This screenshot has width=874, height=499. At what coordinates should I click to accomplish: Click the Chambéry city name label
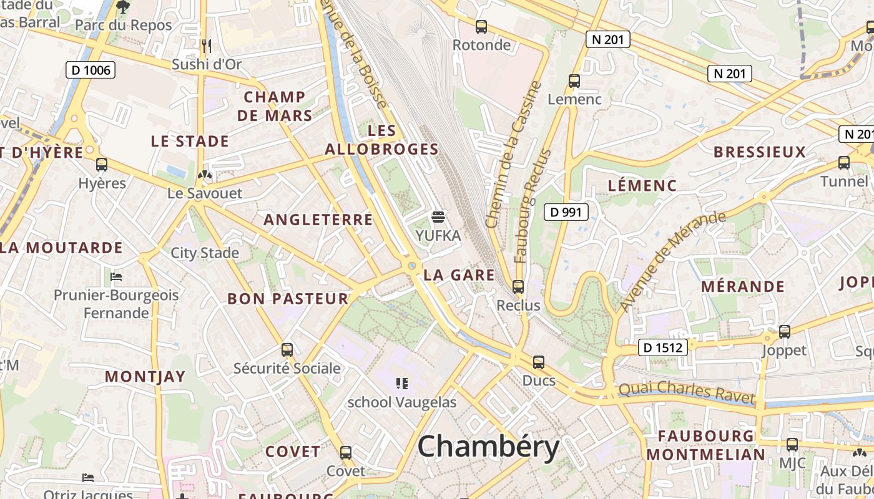(x=488, y=447)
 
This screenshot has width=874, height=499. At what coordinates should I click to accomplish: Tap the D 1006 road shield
(x=91, y=70)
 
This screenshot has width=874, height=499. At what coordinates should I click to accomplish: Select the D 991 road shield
(x=566, y=212)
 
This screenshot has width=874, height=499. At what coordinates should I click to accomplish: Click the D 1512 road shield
(x=662, y=347)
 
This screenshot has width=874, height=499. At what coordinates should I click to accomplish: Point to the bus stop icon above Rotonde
(x=481, y=27)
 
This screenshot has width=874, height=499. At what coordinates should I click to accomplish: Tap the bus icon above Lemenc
(x=574, y=81)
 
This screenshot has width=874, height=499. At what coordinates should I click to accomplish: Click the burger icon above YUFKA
(x=438, y=217)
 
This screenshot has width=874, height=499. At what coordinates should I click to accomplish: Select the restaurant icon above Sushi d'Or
(x=207, y=46)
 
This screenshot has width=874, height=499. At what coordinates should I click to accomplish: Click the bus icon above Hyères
(x=102, y=165)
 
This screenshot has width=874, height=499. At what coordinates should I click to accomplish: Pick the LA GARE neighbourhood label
(x=459, y=275)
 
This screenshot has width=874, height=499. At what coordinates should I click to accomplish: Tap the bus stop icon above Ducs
(x=538, y=362)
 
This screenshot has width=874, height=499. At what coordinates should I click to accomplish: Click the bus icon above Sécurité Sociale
(x=287, y=350)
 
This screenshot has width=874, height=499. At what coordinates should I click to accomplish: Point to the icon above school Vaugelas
(x=402, y=384)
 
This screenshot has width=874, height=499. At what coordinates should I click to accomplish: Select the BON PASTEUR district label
(x=288, y=299)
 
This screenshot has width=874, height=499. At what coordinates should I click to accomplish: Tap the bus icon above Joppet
(x=785, y=332)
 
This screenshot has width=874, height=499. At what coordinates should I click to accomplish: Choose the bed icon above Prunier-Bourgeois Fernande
(x=116, y=276)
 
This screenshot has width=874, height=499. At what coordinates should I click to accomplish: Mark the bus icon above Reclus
(x=518, y=287)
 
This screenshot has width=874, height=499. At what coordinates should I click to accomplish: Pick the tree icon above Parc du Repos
(x=123, y=7)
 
